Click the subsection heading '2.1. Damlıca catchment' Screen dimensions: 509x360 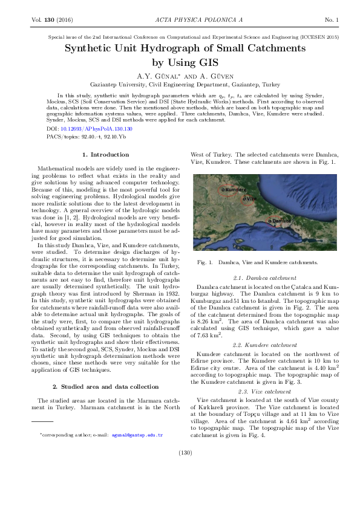pyautogui.click(x=262, y=277)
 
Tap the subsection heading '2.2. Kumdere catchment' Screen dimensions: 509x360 pyautogui.click(x=262, y=343)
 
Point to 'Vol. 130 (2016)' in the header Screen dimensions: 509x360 pyautogui.click(x=51, y=21)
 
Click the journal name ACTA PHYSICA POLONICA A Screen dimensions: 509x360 pyautogui.click(x=180, y=21)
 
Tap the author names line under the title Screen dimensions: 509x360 pyautogui.click(x=180, y=76)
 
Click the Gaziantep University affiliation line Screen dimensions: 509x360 pyautogui.click(x=180, y=85)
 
